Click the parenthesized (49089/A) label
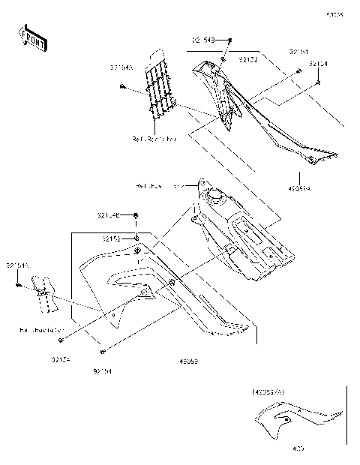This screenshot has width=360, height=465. point(268,391)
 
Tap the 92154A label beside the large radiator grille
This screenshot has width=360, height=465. point(121,67)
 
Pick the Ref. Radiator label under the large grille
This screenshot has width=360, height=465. point(154,139)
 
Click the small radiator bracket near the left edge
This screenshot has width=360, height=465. point(43,293)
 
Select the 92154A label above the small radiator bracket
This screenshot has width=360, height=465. point(17,265)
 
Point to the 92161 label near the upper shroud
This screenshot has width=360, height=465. point(298,51)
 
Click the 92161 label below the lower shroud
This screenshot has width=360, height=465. point(103,370)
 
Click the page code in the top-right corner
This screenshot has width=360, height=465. point(345,13)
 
